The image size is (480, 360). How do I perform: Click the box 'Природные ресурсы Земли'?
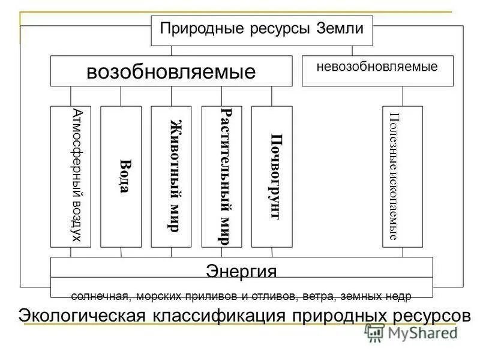tap(262, 30)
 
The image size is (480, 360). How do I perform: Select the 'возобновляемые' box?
tap(171, 71)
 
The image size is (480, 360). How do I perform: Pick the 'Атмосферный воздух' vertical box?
tap(71, 176)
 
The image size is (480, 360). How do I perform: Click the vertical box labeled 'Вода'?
tap(121, 176)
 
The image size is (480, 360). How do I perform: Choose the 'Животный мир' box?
tap(171, 176)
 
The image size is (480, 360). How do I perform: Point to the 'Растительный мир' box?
tap(221, 176)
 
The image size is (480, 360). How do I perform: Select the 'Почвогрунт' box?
tap(272, 176)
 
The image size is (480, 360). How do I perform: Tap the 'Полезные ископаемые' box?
tap(403, 176)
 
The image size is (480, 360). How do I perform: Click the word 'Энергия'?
tap(241, 271)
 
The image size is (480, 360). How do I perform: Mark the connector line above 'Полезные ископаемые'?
tap(403, 96)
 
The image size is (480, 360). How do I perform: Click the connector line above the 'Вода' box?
tap(121, 96)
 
